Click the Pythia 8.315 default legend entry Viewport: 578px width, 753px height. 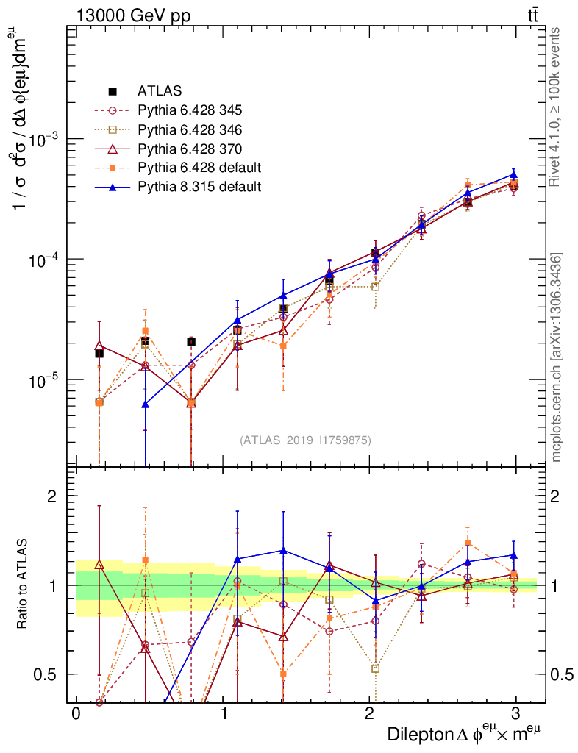(x=199, y=187)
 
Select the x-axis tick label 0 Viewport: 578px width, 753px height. (x=75, y=713)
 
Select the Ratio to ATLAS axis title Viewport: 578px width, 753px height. (x=24, y=585)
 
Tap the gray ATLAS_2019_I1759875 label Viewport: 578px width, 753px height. (x=305, y=440)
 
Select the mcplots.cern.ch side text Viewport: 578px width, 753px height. (x=557, y=357)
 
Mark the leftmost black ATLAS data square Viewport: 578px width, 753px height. (x=99, y=354)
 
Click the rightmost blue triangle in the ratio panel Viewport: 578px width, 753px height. (x=513, y=555)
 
